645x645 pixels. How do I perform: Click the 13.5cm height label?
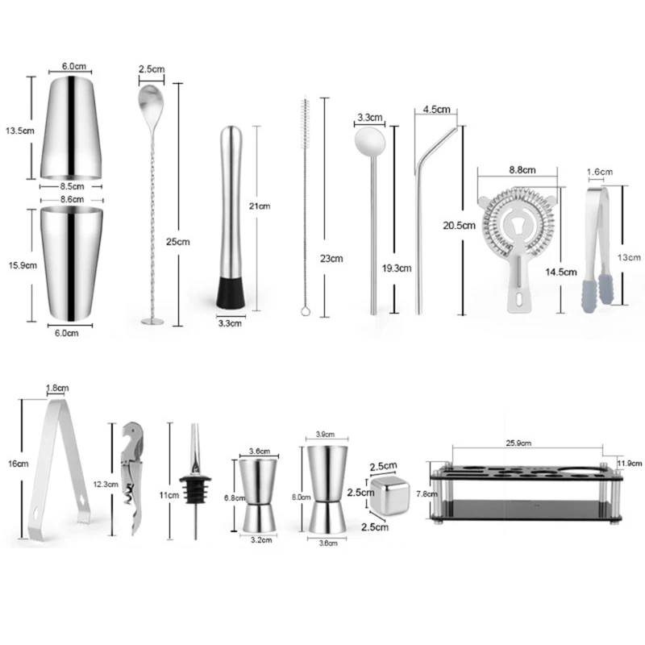(19, 131)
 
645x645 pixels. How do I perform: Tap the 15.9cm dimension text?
(23, 265)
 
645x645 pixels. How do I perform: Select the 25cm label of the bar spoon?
(177, 241)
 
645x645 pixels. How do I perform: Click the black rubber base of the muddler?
(231, 293)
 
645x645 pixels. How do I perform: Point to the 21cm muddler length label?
(260, 206)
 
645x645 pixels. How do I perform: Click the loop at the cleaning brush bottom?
(306, 311)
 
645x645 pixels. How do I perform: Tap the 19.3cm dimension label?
(397, 268)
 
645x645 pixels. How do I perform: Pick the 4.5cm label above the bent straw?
(436, 110)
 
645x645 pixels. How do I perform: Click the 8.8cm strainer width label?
(522, 170)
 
